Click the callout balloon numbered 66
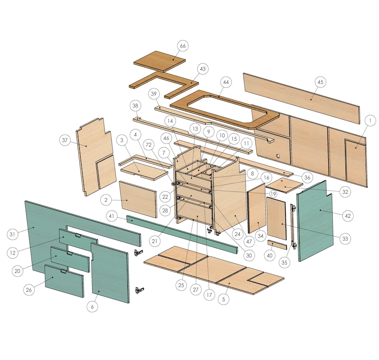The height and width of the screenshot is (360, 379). (x=182, y=46)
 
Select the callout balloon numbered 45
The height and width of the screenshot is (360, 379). (x=320, y=82)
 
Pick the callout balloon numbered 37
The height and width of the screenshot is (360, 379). (x=65, y=140)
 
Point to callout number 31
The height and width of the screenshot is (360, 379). (x=13, y=234)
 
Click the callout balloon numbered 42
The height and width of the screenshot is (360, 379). (x=347, y=215)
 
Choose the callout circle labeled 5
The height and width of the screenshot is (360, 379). (x=224, y=299)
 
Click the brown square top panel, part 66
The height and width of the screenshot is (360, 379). (x=159, y=60)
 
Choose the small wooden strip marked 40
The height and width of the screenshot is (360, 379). (x=277, y=245)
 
